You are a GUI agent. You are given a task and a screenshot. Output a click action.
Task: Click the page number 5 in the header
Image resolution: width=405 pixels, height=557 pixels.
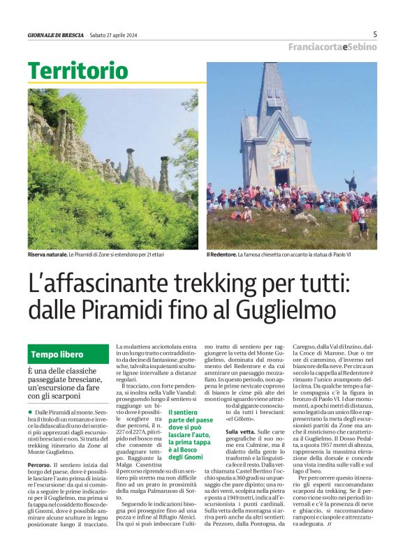click(375, 34)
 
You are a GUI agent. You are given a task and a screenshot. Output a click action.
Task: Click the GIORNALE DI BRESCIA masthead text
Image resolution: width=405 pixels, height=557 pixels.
click(55, 35)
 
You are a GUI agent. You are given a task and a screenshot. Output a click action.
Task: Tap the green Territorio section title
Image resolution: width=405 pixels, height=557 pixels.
click(78, 70)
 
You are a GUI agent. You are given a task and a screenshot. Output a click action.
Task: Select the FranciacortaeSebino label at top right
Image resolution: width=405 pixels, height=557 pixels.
click(332, 47)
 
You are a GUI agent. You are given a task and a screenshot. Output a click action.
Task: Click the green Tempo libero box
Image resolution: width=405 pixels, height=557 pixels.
click(67, 354)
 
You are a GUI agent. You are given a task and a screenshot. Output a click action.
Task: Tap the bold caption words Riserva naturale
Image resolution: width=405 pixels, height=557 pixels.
click(47, 255)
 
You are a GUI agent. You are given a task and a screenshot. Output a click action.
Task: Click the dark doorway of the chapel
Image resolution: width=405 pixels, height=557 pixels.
click(281, 177)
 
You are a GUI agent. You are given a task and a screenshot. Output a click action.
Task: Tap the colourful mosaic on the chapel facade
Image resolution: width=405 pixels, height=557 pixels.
click(282, 146)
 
